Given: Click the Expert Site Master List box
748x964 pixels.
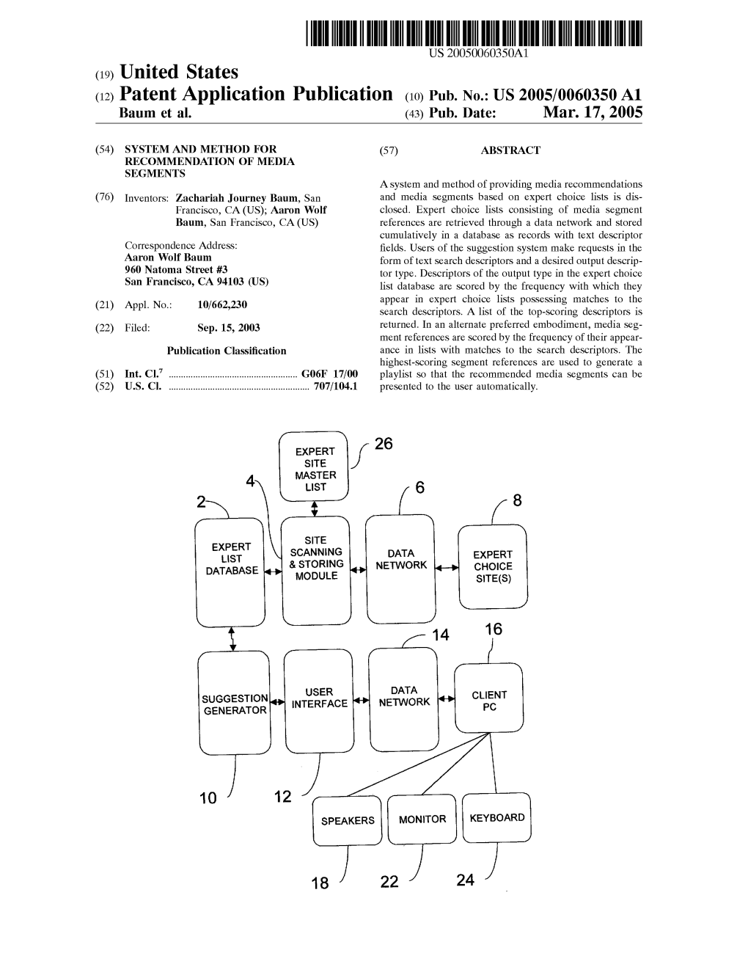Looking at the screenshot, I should pyautogui.click(x=315, y=467).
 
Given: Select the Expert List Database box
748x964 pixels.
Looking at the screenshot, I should pyautogui.click(x=231, y=570).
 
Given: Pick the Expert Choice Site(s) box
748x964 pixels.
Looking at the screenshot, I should pyautogui.click(x=493, y=566).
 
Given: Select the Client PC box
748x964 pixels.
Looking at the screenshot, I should pyautogui.click(x=489, y=699).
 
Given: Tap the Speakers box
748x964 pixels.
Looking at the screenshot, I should pyautogui.click(x=348, y=820).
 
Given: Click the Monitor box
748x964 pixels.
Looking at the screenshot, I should pyautogui.click(x=422, y=819).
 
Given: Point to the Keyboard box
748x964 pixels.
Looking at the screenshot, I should pyautogui.click(x=497, y=817).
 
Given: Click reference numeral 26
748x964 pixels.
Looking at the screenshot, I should pyautogui.click(x=384, y=444).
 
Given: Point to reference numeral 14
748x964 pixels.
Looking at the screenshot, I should pyautogui.click(x=440, y=635).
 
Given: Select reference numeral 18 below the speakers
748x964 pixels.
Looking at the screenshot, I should pyautogui.click(x=320, y=883).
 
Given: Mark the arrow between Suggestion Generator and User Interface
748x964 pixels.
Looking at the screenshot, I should pyautogui.click(x=277, y=703).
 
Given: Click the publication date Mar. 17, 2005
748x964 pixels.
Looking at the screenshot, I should pyautogui.click(x=593, y=112).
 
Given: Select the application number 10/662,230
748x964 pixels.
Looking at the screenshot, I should pyautogui.click(x=222, y=304).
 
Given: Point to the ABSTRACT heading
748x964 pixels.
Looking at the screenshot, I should pyautogui.click(x=510, y=150).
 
